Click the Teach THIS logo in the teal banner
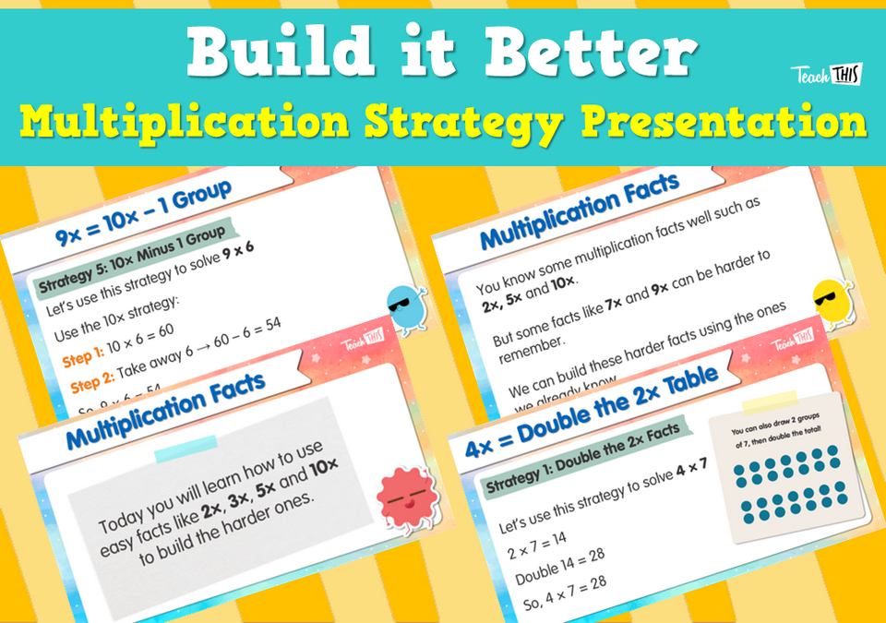[x=824, y=75]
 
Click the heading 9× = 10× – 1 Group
[x=143, y=215]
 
